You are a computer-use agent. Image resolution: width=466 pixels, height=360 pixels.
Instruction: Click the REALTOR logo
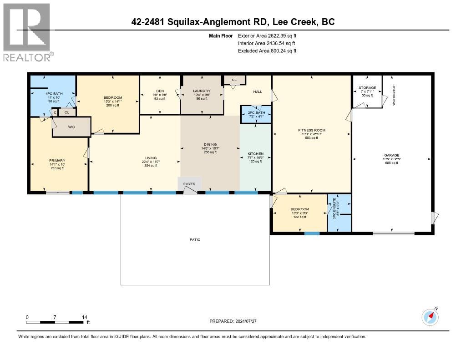click(27, 32)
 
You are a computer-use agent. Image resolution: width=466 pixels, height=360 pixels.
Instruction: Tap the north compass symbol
click(430, 317)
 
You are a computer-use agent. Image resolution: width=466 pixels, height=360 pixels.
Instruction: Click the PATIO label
click(195, 239)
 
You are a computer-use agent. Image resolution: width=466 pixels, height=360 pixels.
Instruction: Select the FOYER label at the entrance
click(189, 184)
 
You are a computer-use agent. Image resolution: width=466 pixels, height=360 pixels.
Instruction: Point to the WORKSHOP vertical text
click(395, 95)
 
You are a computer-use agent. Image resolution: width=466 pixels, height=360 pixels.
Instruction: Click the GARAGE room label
click(391, 155)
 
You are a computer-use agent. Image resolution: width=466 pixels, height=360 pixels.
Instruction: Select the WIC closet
click(71, 127)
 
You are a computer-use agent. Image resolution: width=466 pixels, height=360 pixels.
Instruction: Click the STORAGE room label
click(367, 87)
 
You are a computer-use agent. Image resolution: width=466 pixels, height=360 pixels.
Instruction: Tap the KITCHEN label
click(255, 154)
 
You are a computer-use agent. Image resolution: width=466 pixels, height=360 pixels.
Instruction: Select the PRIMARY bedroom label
click(57, 160)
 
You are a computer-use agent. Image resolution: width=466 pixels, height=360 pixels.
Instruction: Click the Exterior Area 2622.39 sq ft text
click(267, 35)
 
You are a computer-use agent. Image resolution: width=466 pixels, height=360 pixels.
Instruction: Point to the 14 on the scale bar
click(84, 317)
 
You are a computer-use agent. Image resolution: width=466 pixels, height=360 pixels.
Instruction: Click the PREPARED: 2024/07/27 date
click(233, 321)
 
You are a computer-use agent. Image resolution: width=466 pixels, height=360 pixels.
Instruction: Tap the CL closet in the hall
click(234, 80)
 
